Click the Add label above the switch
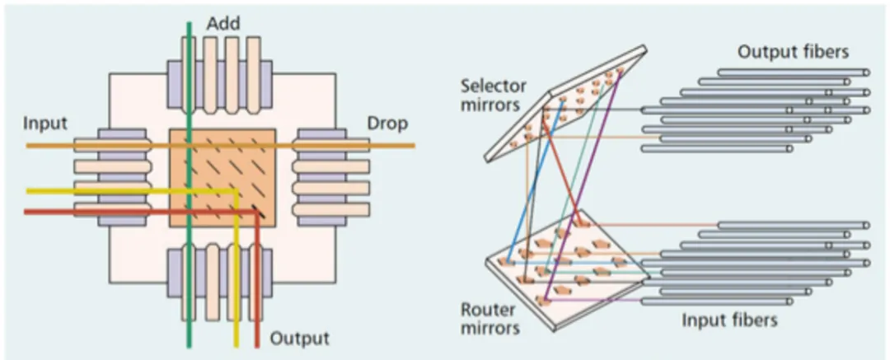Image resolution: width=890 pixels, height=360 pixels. click(x=223, y=24)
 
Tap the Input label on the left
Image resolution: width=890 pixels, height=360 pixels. click(x=44, y=124)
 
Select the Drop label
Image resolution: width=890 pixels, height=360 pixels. click(x=387, y=124)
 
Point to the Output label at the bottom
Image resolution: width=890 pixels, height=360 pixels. click(x=299, y=339)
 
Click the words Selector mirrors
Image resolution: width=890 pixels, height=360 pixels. click(x=494, y=95)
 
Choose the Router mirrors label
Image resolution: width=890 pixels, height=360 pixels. click(x=488, y=319)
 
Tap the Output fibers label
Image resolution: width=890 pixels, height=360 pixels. click(x=793, y=52)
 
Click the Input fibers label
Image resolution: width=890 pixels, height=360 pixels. click(x=729, y=320)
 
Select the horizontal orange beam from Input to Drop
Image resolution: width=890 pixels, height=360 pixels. click(x=220, y=146)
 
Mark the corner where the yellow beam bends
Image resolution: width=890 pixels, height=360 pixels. click(x=237, y=191)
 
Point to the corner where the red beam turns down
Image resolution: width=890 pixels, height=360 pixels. click(x=256, y=213)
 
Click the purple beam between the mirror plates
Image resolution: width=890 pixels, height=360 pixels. click(x=583, y=185)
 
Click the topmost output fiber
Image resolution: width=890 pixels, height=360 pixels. click(x=793, y=72)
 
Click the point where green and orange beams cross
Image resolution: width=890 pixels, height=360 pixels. click(x=190, y=146)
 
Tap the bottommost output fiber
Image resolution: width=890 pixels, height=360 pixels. click(x=716, y=149)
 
